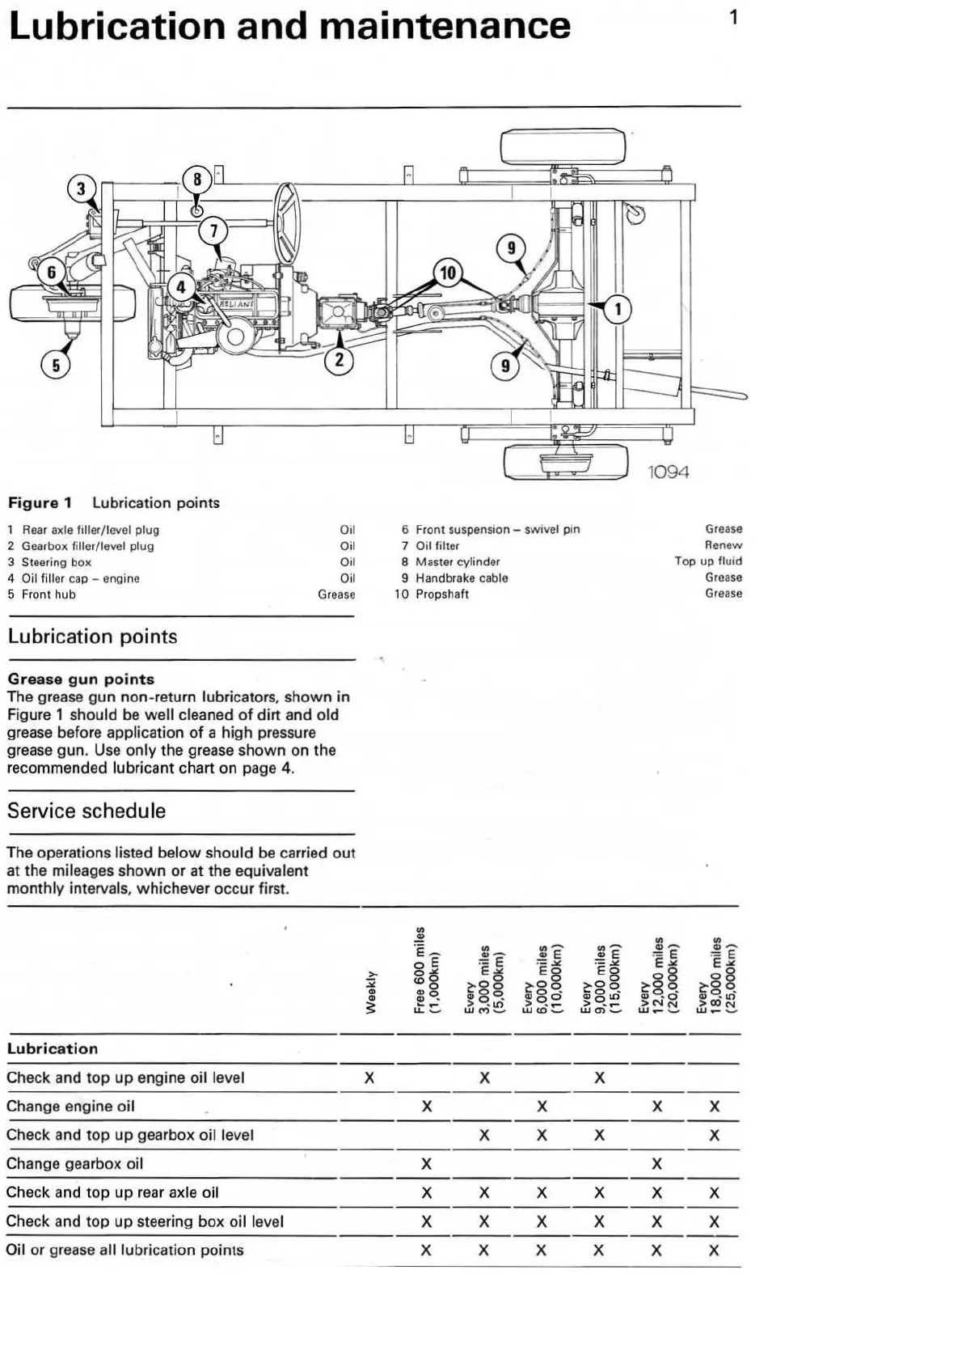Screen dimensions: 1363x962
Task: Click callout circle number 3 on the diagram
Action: (x=80, y=189)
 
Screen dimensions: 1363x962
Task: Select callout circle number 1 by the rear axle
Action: (x=618, y=308)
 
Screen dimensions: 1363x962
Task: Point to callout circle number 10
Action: (x=448, y=273)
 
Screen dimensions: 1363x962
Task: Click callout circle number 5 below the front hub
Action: (x=56, y=366)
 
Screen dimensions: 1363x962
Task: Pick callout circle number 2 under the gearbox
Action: (x=339, y=360)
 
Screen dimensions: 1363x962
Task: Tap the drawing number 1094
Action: (x=669, y=472)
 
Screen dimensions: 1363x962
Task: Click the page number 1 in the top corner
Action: (x=733, y=17)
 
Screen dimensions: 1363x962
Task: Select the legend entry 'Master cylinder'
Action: (x=457, y=561)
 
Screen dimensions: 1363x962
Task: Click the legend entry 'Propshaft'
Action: (x=441, y=594)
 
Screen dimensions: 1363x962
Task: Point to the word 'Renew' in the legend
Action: (x=723, y=545)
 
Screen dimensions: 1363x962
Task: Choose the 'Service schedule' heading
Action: (x=86, y=811)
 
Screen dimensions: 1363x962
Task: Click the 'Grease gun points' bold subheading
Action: (x=81, y=679)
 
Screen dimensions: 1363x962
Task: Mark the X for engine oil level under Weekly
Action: (x=369, y=1077)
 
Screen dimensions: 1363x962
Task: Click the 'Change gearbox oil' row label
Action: (x=74, y=1163)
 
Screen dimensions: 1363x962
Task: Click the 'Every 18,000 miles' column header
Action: (x=715, y=975)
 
